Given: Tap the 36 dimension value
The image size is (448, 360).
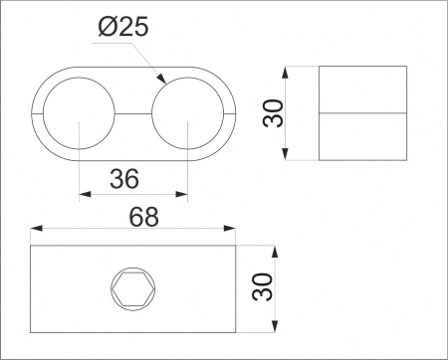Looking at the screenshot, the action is tap(124, 179).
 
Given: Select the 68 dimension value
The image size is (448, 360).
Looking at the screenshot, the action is tap(144, 217).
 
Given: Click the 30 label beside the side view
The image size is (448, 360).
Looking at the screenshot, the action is tap(273, 113).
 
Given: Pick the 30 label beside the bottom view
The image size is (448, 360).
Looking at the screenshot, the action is tap(262, 286).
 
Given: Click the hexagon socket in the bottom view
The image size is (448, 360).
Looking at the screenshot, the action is tap(133, 288).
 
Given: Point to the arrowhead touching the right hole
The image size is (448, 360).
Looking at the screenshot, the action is tap(161, 79).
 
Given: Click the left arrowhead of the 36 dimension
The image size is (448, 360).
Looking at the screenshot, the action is tap(85, 194).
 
